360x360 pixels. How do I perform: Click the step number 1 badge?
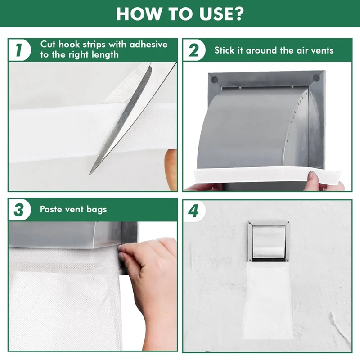pos(19,50)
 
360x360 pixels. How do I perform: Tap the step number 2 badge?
pos(194,50)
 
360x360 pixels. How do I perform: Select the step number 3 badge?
pos(19,209)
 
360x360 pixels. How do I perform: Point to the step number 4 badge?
pos(194,210)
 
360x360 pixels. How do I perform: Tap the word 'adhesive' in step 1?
pos(148,45)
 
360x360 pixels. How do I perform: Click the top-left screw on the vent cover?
pos(214,79)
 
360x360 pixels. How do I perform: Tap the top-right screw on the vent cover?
pos(317,78)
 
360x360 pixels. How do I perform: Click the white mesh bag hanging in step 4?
pos(268,297)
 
